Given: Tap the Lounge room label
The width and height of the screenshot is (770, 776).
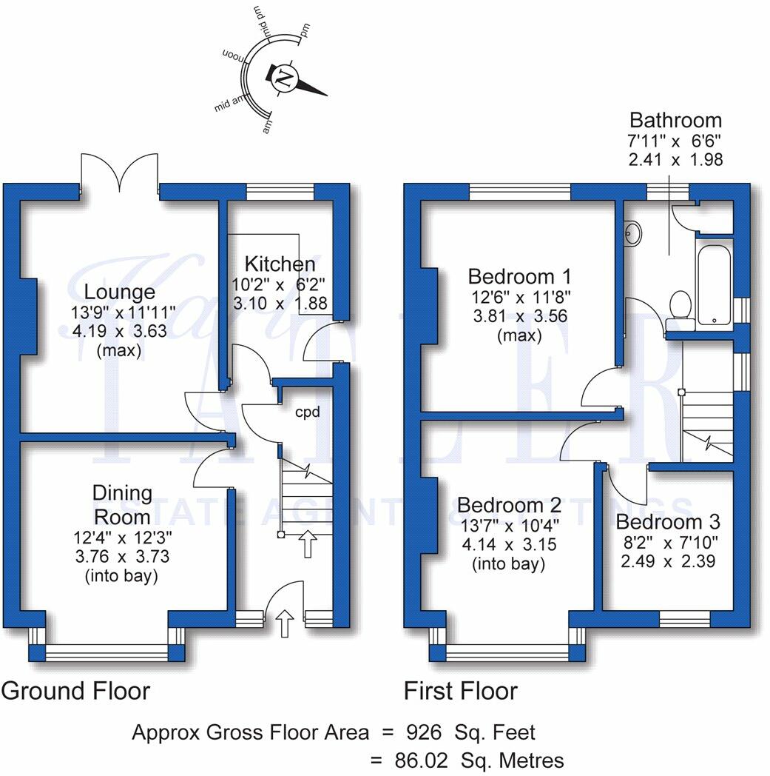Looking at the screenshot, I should [119, 292].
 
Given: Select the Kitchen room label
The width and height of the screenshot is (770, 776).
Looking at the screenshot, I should [280, 264].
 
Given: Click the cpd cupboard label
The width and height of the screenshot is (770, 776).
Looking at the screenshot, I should [308, 412].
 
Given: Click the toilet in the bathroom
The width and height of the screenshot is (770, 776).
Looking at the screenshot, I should [679, 306].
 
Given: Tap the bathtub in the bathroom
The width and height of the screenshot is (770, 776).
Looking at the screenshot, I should [713, 284].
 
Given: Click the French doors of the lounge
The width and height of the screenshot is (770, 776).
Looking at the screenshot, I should [119, 172].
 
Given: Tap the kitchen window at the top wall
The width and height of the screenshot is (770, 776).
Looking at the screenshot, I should [280, 193].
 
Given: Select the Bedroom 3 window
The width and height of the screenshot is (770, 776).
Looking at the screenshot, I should [684, 619].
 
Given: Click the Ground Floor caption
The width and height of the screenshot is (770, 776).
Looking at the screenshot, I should [75, 691].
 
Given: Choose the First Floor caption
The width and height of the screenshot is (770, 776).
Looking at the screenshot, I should [460, 691].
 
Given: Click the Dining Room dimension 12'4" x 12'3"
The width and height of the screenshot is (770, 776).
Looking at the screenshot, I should [122, 535].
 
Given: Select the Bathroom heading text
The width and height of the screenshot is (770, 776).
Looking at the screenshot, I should [675, 120].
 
